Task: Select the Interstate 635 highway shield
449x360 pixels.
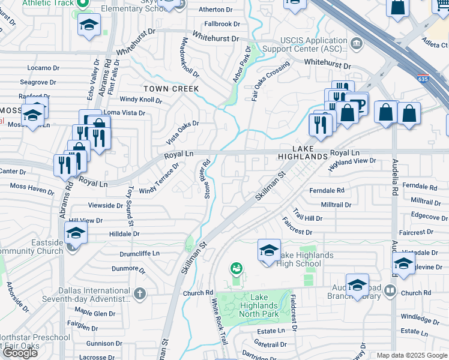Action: pos(423,77)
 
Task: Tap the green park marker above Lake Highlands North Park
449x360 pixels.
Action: pos(237,268)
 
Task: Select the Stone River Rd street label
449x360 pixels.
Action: pos(207,179)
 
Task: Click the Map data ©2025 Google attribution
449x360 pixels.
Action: pos(412,355)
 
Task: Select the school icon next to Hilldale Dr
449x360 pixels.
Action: pos(76,232)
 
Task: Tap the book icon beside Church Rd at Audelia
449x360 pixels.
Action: pos(391,291)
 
